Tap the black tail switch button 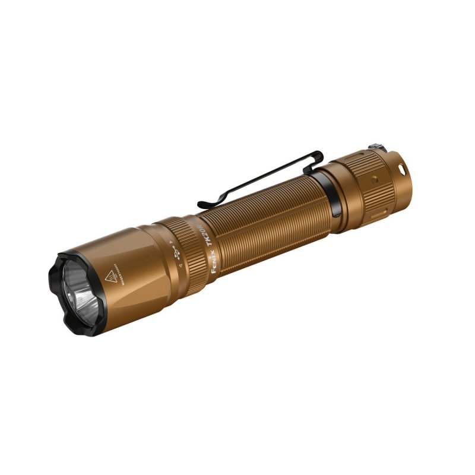pyautogui.click(x=374, y=147)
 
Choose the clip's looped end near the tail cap pyautogui.click(x=315, y=157)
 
